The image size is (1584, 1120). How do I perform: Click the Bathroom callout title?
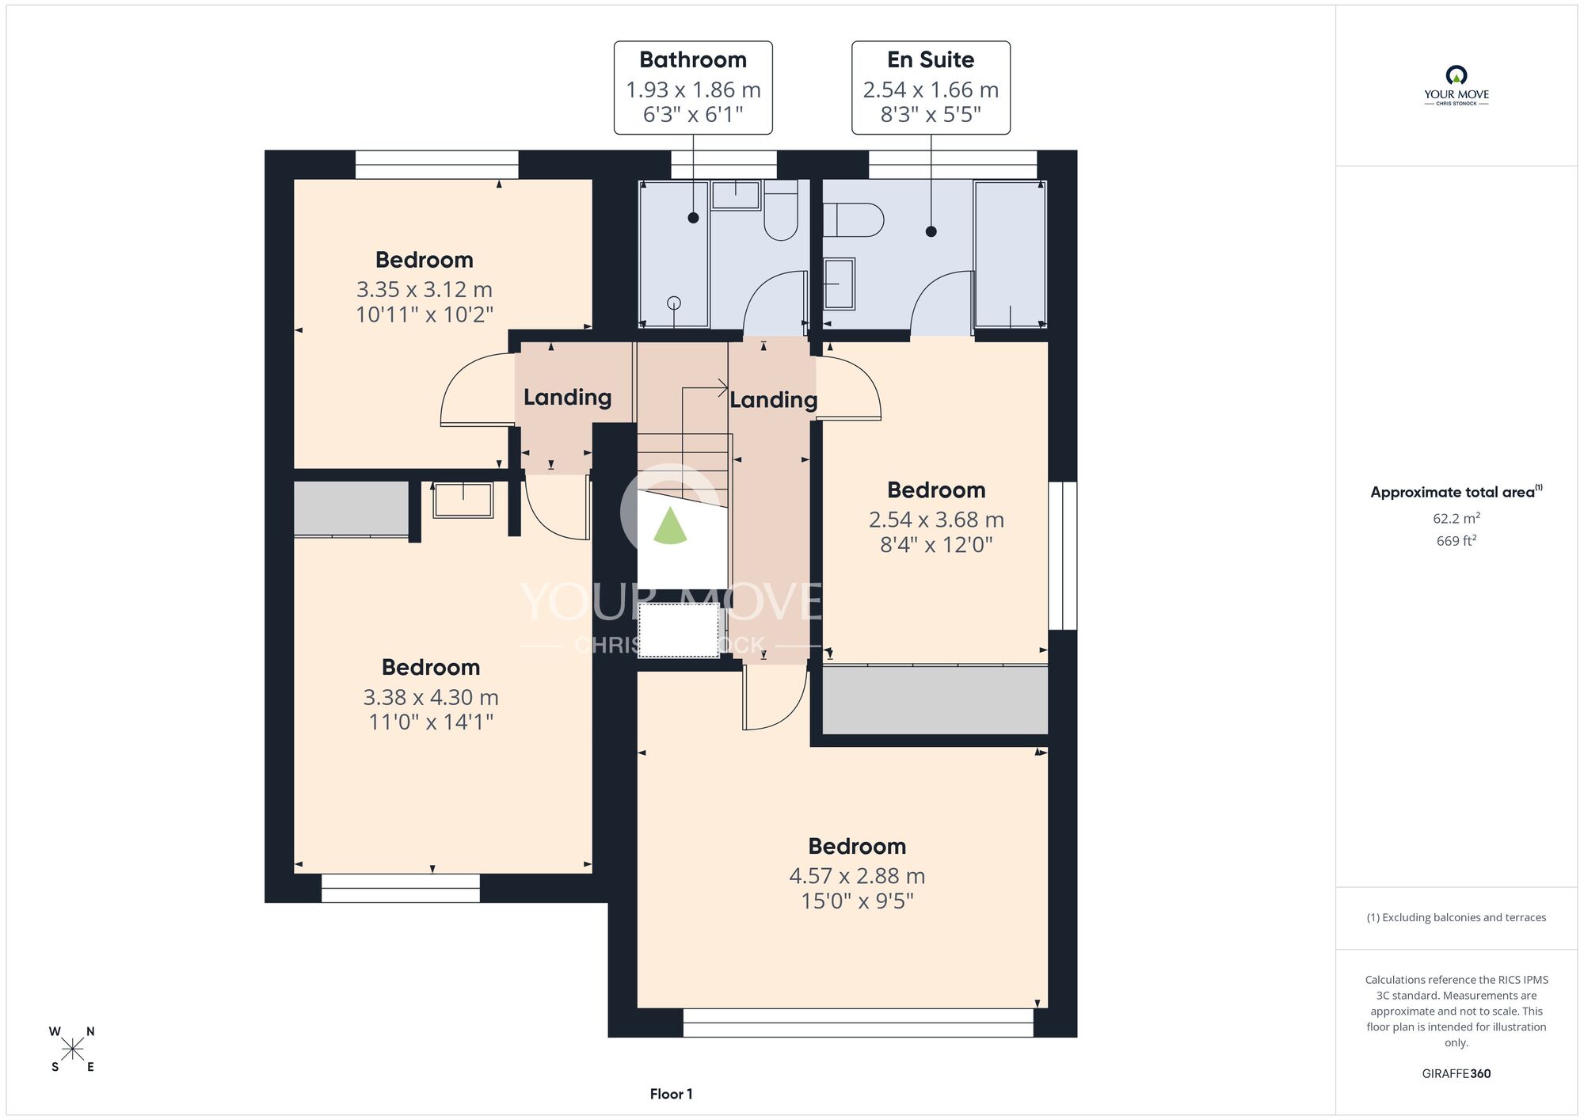(x=693, y=60)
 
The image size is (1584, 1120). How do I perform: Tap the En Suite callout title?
(x=931, y=60)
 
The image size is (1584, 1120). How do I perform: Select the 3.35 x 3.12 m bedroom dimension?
(x=425, y=290)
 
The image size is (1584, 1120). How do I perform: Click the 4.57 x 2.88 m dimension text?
(x=857, y=876)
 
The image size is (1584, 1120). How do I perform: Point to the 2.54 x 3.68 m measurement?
(x=936, y=520)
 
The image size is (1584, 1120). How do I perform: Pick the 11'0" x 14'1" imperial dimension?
(x=431, y=722)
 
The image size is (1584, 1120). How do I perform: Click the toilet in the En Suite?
(x=853, y=219)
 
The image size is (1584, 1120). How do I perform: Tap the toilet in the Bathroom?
(x=781, y=210)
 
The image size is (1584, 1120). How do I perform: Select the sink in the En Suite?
(x=840, y=284)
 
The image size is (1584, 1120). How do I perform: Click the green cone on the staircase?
(x=671, y=526)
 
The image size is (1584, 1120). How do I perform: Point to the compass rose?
(x=72, y=1050)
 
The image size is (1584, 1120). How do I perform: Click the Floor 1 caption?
(x=671, y=1094)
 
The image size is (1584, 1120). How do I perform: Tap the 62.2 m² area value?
(x=1456, y=518)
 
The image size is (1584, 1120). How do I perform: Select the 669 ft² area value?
(x=1456, y=540)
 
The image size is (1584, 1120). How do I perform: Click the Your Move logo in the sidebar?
(x=1456, y=86)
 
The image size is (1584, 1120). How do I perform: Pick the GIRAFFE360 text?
(x=1456, y=1074)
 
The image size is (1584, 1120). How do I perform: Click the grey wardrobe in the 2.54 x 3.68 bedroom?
(x=935, y=700)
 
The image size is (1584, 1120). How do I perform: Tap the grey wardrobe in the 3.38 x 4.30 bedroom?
(x=351, y=509)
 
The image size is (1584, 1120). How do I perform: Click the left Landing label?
(x=567, y=397)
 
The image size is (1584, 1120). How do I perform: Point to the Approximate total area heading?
(x=1456, y=492)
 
